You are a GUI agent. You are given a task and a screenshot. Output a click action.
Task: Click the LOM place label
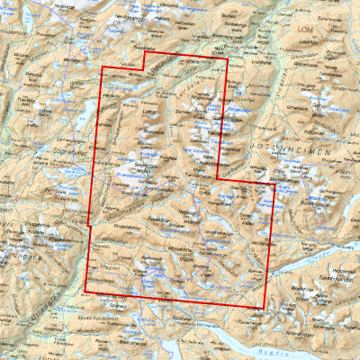[x=303, y=30]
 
